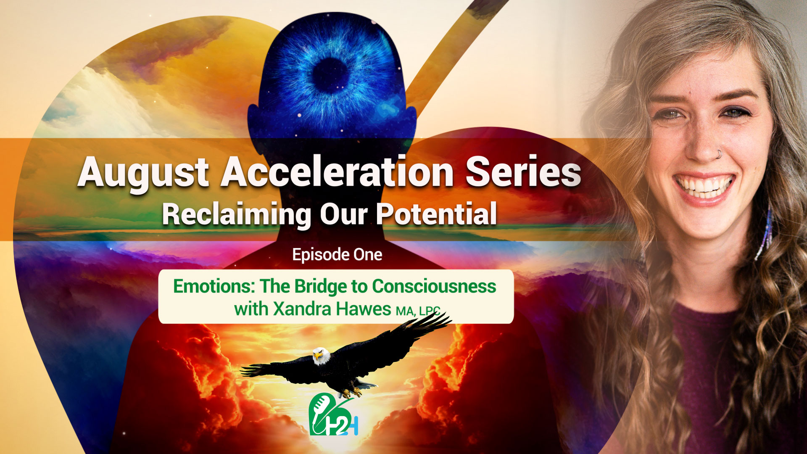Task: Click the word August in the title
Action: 143,172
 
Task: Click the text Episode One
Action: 337,255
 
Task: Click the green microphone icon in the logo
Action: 320,406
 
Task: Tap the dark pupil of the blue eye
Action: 330,75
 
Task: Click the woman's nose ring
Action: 719,155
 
